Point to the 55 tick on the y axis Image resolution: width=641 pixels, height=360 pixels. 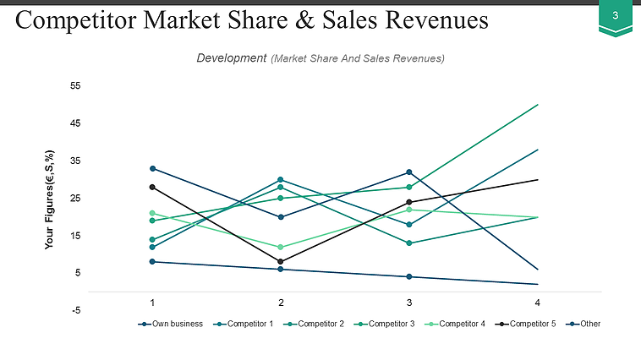click(75, 86)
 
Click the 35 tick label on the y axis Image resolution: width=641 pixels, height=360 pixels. click(75, 161)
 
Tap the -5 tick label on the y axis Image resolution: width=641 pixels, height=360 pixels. click(75, 310)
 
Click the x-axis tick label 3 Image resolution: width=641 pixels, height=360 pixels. click(409, 302)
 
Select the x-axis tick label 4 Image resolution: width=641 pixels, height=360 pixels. click(538, 302)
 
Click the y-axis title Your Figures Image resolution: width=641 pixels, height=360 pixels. click(51, 199)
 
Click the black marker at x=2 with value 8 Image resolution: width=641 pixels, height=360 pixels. click(281, 262)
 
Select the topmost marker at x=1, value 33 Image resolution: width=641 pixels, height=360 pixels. click(152, 168)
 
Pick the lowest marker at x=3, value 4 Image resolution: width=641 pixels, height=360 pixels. click(409, 276)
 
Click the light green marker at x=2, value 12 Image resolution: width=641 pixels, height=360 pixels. click(281, 247)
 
